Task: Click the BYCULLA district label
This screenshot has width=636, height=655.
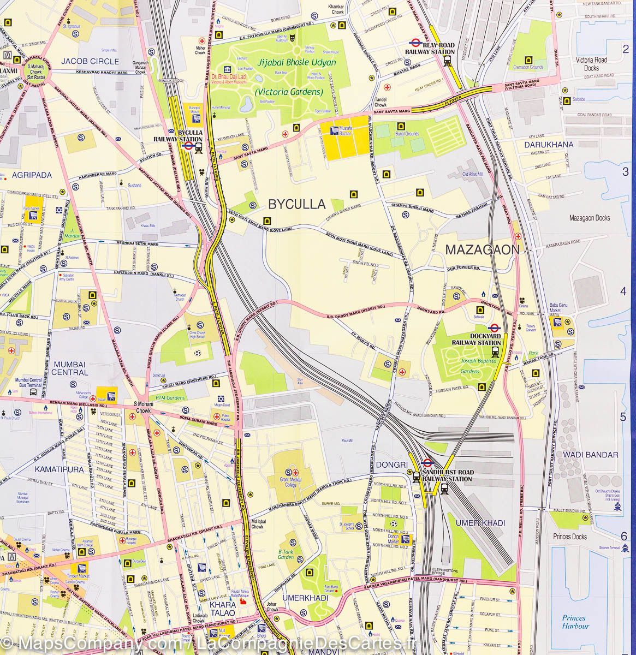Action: (296, 205)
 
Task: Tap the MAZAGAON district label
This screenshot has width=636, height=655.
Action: (482, 250)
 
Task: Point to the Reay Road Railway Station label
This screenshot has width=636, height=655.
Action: (430, 48)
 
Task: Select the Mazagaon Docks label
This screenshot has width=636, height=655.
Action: (589, 218)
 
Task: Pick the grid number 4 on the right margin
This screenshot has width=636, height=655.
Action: (623, 291)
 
